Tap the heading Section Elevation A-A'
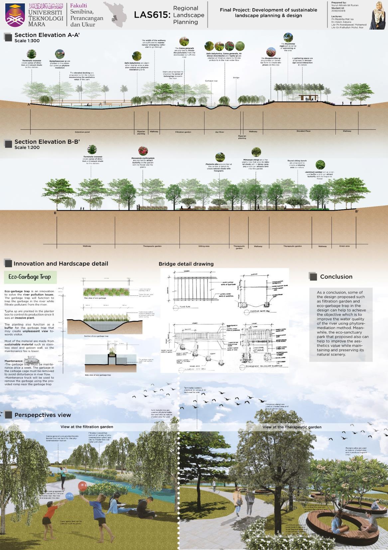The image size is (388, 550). tap(47, 35)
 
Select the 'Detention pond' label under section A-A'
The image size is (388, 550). tap(82, 132)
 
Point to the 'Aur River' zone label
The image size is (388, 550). tap(220, 132)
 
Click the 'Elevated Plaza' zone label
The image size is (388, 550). tap(303, 131)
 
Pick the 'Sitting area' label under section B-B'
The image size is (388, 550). tap(204, 246)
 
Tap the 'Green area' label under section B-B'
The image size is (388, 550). tap(344, 246)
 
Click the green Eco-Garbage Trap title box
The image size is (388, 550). tap(30, 277)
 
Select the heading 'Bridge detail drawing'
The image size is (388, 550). tap(186, 264)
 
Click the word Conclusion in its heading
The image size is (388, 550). tap(336, 276)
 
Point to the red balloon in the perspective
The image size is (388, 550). tap(82, 486)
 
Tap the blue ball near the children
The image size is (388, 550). tap(69, 496)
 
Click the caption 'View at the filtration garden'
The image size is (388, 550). tap(87, 427)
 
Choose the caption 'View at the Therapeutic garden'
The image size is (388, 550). tap(292, 427)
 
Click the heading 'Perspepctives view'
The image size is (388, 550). tap(43, 415)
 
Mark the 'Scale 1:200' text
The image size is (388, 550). tap(27, 147)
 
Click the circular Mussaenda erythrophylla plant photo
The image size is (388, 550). tap(143, 151)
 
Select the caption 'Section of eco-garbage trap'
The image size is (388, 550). tap(97, 336)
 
